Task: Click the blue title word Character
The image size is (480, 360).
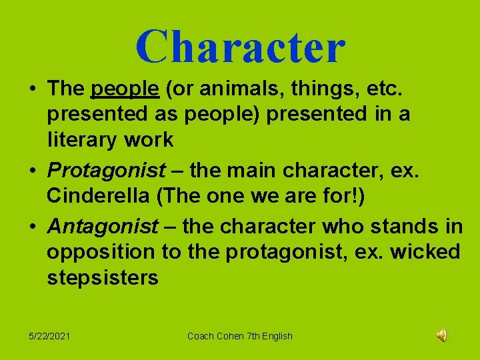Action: (240, 47)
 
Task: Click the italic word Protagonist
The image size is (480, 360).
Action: (107, 171)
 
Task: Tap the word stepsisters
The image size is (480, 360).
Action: (103, 277)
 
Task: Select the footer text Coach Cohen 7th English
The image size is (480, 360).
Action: (240, 336)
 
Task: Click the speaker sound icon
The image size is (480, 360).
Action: (442, 335)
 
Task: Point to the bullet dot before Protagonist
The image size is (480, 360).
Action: (31, 171)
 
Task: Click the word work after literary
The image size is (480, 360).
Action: (153, 139)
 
